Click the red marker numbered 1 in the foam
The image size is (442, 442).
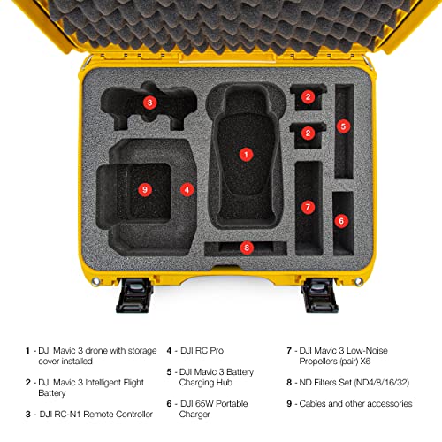click(x=245, y=153)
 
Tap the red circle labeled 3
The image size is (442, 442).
click(x=149, y=103)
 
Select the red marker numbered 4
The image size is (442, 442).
click(x=187, y=188)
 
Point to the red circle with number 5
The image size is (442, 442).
click(x=343, y=126)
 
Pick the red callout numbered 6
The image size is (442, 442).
click(x=341, y=220)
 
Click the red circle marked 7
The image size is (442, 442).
click(x=308, y=207)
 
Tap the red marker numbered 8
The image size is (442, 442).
click(x=246, y=248)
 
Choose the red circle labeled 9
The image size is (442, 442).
click(x=145, y=188)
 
